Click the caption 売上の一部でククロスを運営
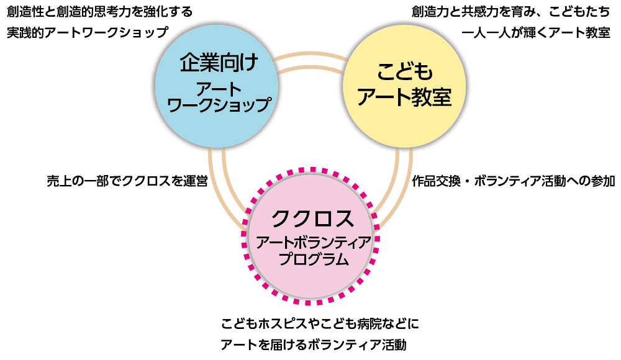point(127,181)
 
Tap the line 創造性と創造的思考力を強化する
point(99,12)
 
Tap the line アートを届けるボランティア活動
point(313,344)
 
